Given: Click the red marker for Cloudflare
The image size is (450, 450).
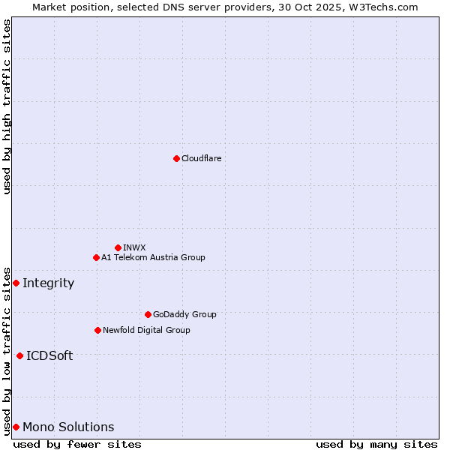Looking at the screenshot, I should (x=176, y=158).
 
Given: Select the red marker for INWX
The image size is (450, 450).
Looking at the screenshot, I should (x=118, y=247).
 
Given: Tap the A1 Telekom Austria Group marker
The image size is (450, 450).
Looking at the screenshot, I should (x=96, y=257).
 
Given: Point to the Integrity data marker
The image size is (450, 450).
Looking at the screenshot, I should (x=16, y=283).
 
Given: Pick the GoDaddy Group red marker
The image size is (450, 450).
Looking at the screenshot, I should (x=148, y=314).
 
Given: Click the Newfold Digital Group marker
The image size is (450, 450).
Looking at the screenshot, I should (x=97, y=330).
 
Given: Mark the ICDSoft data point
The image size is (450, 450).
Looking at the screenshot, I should (x=19, y=355).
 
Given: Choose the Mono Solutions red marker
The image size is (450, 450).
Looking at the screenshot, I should (x=16, y=427).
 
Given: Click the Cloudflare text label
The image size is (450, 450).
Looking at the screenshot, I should (x=201, y=158).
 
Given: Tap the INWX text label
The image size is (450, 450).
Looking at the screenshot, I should (x=134, y=247).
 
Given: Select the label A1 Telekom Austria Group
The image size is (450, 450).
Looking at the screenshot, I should (x=153, y=257).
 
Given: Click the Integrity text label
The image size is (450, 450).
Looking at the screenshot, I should (x=48, y=283).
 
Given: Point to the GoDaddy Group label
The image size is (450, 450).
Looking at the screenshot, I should (x=184, y=314).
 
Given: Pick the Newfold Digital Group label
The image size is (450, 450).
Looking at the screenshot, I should (x=146, y=330).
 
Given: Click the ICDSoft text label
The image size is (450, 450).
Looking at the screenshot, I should (x=49, y=355).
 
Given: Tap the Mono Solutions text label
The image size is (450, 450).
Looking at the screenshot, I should (x=68, y=427).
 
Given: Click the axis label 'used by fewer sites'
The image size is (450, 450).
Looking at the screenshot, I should (x=77, y=444).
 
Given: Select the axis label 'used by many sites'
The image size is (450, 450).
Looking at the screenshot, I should (x=376, y=444).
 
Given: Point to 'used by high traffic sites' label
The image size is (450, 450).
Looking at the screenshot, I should (x=7, y=106).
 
